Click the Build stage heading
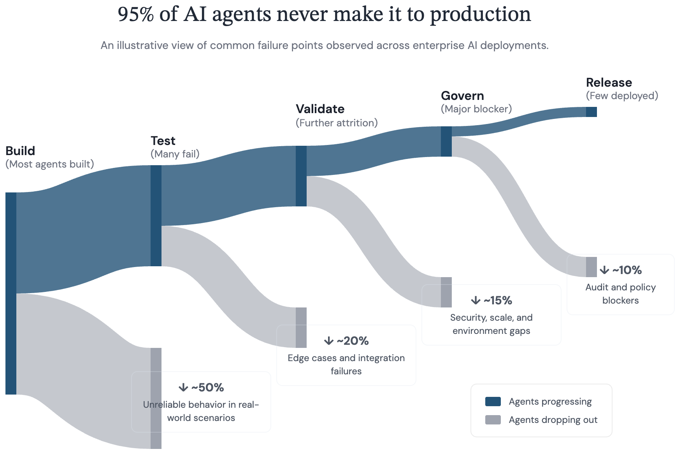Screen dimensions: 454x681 (20, 151)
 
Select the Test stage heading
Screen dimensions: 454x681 (163, 141)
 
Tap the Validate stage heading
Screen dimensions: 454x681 (320, 109)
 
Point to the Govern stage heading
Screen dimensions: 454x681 (462, 96)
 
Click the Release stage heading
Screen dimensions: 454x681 (609, 82)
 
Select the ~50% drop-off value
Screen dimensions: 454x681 (207, 388)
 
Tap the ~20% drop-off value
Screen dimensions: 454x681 (353, 341)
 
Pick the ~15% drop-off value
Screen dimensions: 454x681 (498, 300)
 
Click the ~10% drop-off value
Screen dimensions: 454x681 (627, 270)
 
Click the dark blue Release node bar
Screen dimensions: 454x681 (591, 112)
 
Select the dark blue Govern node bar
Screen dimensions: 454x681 (446, 141)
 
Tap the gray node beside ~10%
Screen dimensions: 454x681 (591, 267)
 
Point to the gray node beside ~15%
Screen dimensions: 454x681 (446, 292)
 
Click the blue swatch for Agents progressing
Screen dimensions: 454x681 (493, 402)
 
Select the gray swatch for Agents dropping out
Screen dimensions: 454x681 (493, 420)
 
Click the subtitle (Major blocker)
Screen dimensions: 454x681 (476, 109)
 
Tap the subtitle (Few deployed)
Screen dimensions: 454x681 (622, 96)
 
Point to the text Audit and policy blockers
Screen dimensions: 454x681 (620, 294)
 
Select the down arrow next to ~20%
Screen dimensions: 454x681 (329, 341)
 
